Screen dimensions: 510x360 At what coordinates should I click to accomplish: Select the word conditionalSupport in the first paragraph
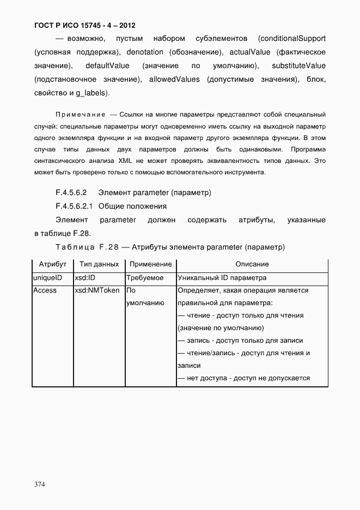pyautogui.click(x=292, y=39)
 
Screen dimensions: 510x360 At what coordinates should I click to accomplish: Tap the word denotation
pyautogui.click(x=144, y=52)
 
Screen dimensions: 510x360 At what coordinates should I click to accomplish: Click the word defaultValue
pyautogui.click(x=107, y=66)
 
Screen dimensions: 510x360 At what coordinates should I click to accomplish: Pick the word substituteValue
pyautogui.click(x=298, y=66)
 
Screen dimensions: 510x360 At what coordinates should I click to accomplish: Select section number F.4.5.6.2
pyautogui.click(x=71, y=193)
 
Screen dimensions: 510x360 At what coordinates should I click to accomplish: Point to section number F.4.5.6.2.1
pyautogui.click(x=75, y=207)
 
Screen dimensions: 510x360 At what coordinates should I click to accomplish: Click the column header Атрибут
pyautogui.click(x=53, y=264)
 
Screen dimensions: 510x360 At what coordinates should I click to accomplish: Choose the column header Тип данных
pyautogui.click(x=99, y=264)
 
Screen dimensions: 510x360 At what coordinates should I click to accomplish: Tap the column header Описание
pyautogui.click(x=252, y=264)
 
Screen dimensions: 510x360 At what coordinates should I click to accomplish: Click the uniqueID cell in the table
pyautogui.click(x=48, y=278)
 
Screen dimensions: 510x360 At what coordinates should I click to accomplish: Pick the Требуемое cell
pyautogui.click(x=145, y=278)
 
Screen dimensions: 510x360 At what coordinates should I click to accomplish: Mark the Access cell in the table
pyautogui.click(x=45, y=290)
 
